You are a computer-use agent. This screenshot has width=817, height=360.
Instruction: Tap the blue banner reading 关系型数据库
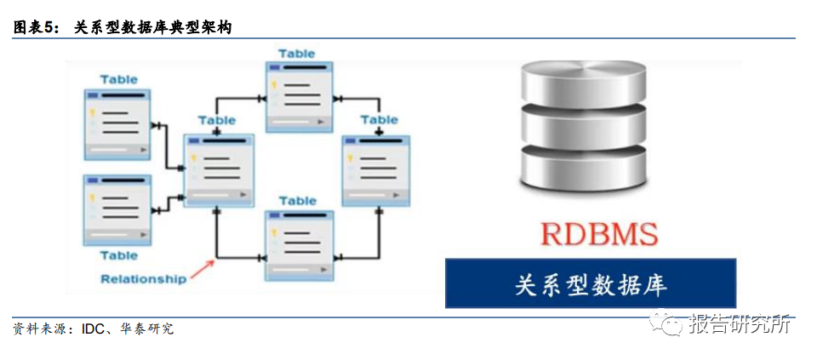(x=590, y=283)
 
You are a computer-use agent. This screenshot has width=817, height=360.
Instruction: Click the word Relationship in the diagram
(x=143, y=278)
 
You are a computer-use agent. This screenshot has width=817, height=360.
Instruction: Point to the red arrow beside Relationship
(x=202, y=270)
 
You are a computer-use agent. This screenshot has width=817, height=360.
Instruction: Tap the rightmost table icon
(x=374, y=169)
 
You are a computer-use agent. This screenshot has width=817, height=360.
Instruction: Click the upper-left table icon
(x=117, y=124)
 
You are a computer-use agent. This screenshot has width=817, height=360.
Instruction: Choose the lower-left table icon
(x=117, y=209)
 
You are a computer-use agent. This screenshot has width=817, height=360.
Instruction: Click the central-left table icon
(x=219, y=169)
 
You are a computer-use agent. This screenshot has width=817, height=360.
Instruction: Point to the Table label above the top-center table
(x=297, y=54)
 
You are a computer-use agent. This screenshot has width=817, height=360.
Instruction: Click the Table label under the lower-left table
(x=118, y=254)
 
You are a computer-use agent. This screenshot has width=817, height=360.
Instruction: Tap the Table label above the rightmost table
(x=379, y=120)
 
